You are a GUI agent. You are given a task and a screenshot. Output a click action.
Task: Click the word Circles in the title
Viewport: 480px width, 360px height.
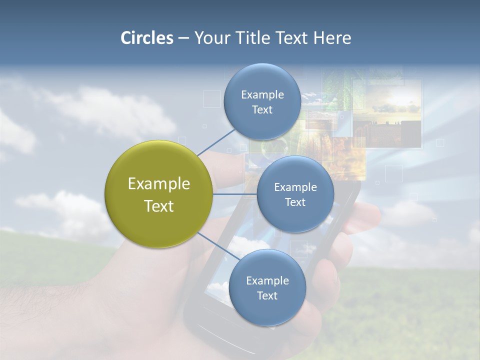[x=147, y=38]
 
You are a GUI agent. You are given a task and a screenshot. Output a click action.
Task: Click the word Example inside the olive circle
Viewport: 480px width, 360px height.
[x=159, y=183]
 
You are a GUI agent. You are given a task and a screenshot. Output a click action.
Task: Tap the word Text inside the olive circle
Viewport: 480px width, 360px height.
[x=159, y=206]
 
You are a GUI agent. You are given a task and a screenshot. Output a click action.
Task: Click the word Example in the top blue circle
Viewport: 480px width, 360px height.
[x=262, y=94]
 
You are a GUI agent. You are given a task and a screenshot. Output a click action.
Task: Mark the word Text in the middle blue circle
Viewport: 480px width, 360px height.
[x=295, y=202]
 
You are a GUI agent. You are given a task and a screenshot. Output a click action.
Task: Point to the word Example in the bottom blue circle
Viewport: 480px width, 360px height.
[x=267, y=280]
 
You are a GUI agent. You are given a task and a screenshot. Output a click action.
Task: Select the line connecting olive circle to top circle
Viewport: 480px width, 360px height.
[x=216, y=141]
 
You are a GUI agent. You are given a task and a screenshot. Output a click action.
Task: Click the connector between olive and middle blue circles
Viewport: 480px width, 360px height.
[x=234, y=193]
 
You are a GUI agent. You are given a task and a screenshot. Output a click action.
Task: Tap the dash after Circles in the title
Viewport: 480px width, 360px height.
[x=183, y=38]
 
